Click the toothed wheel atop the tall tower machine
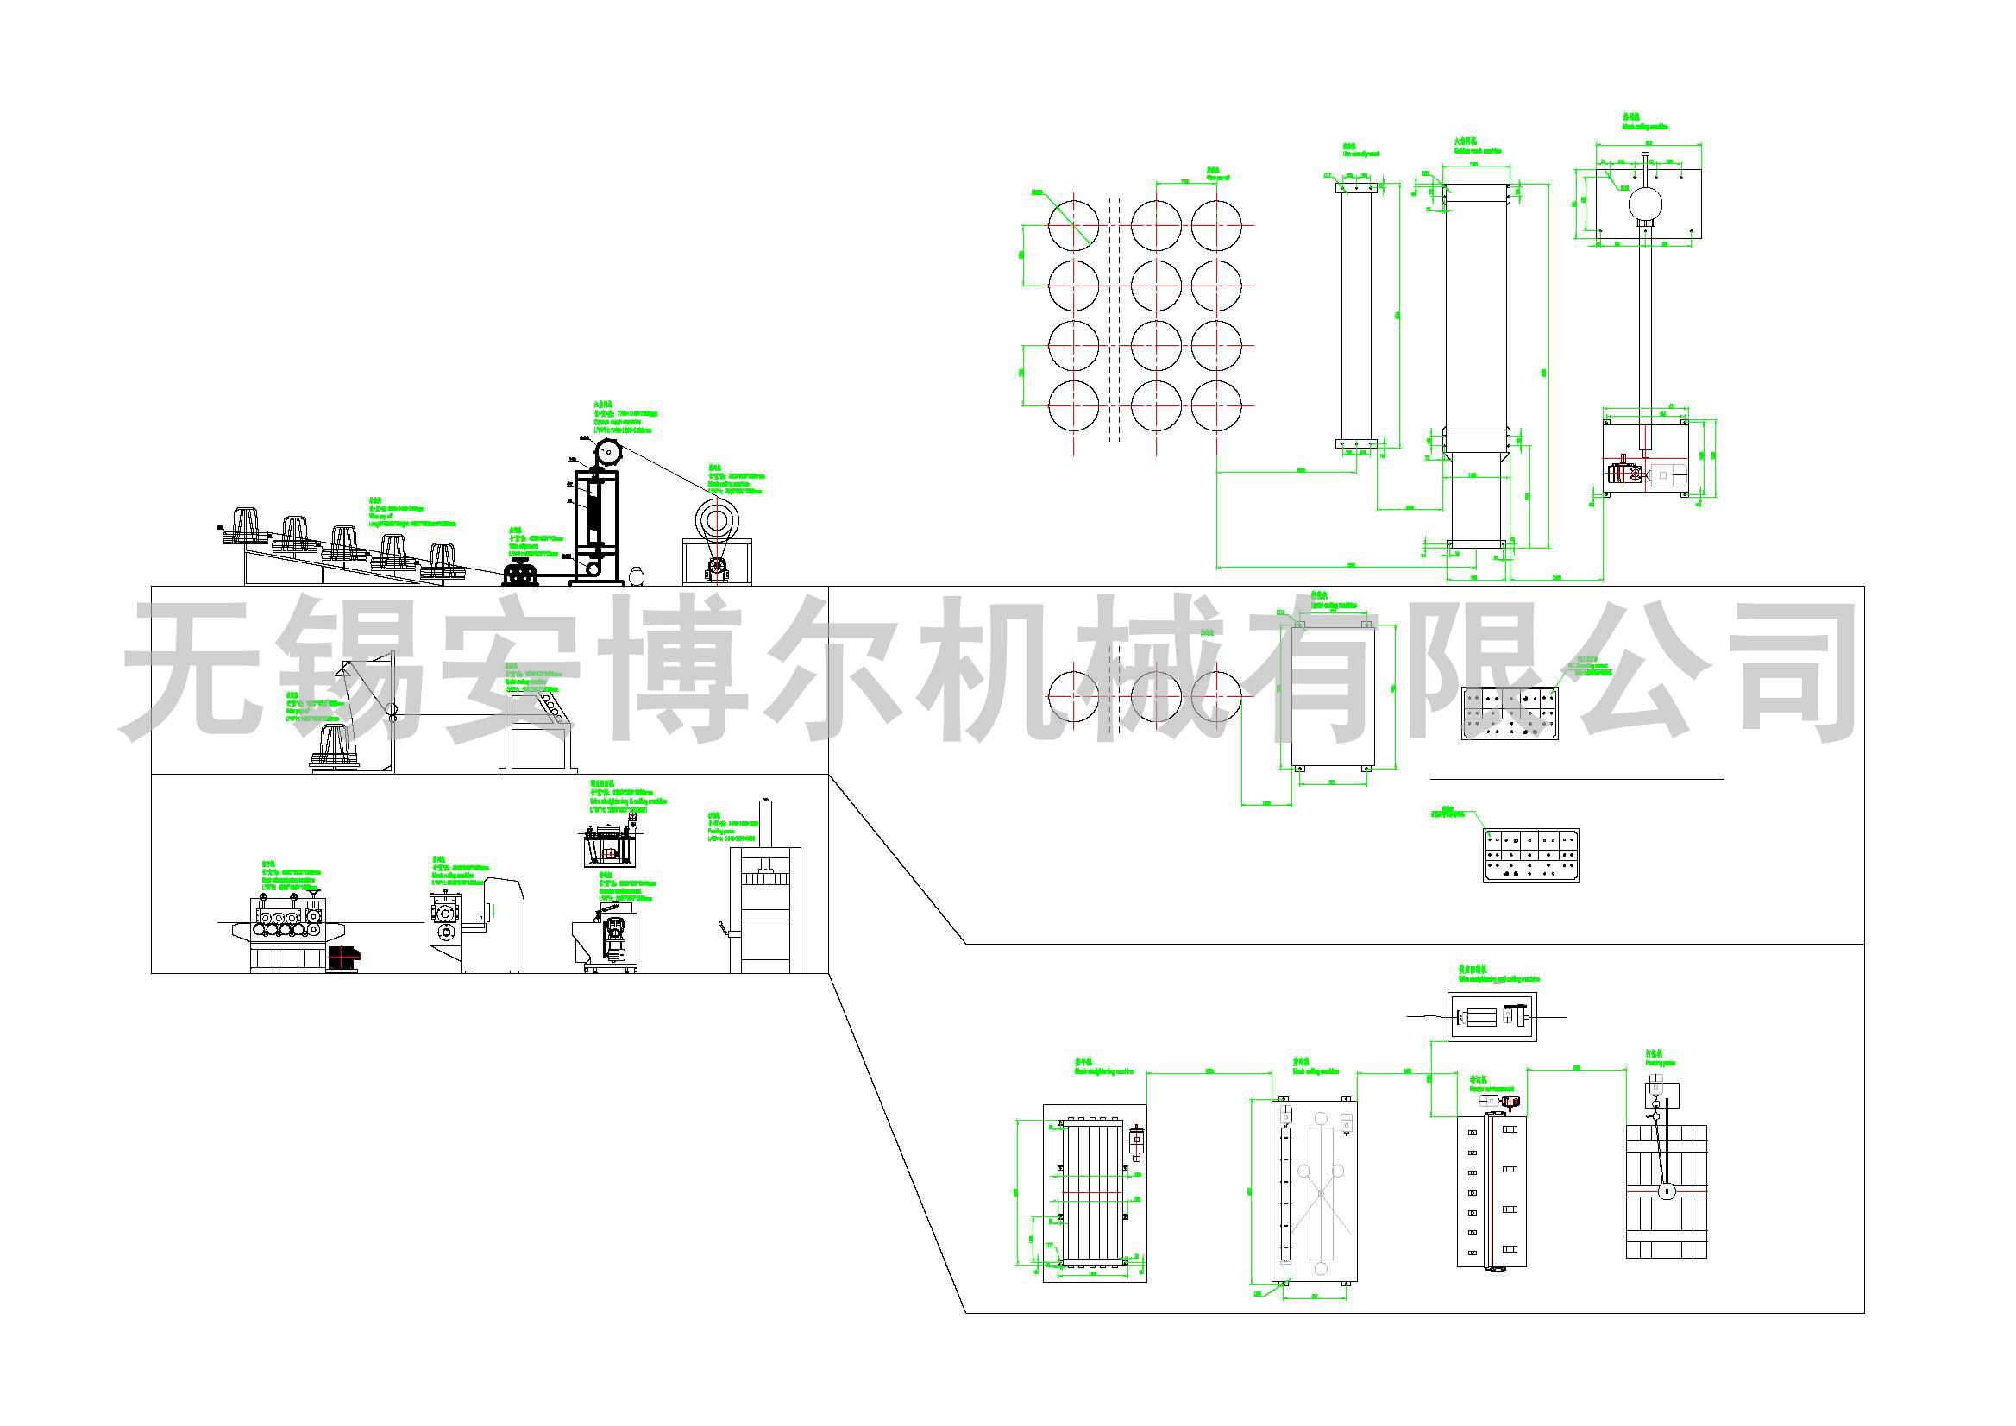[x=606, y=453]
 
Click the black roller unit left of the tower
[x=521, y=576]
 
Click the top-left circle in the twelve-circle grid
[x=1074, y=225]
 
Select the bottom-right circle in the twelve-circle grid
[x=1217, y=406]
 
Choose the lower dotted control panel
[x=1530, y=853]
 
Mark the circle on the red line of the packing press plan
[x=1665, y=1191]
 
